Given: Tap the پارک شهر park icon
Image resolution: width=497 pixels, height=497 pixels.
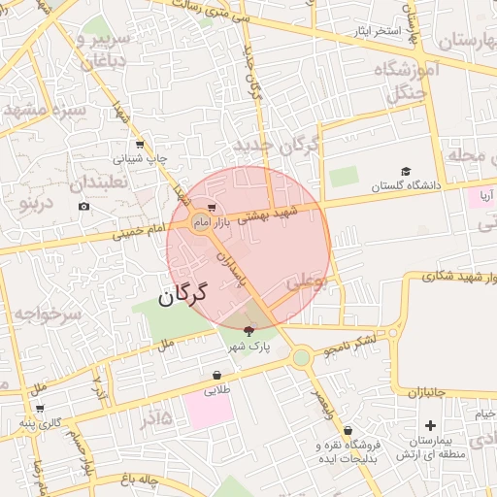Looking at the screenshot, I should click(x=248, y=332).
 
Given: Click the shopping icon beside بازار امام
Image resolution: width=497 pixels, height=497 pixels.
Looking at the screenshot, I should click(x=212, y=208).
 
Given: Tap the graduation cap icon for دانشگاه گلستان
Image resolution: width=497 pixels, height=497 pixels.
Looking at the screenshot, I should click(x=406, y=171).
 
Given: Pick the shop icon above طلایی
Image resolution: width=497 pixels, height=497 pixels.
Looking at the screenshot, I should click(x=216, y=376).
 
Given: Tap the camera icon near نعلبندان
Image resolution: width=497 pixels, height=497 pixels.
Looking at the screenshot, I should click(x=84, y=207).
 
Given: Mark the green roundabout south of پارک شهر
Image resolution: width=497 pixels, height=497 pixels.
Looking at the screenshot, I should click(x=301, y=358).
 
